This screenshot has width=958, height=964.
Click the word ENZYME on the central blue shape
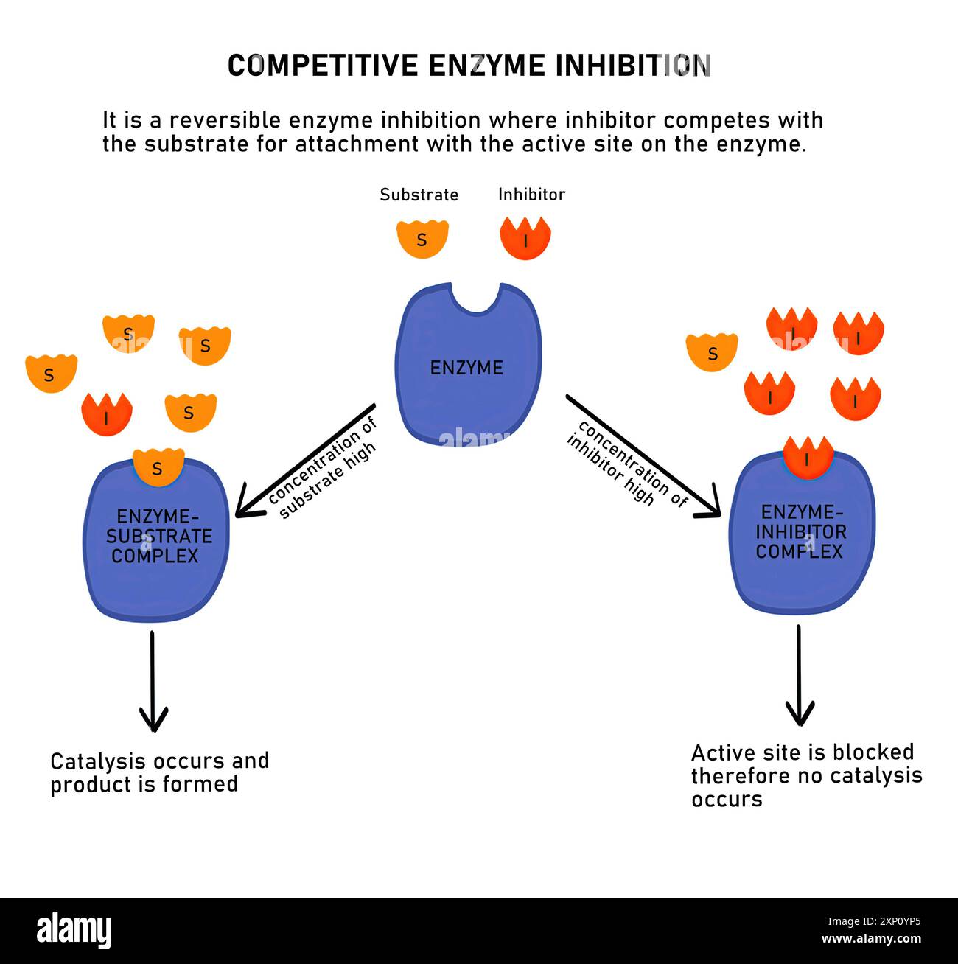pos(466,367)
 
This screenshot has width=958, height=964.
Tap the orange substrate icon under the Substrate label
pos(422,239)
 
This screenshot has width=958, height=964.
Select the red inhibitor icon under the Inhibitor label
pos(525,239)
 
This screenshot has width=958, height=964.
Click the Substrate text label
pos(419,195)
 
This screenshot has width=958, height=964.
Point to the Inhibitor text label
pos(531,195)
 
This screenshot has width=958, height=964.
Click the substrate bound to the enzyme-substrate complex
pos(158,467)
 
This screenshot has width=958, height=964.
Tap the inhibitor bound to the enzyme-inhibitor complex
pos(808,458)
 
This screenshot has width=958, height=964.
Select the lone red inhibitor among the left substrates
pos(106,414)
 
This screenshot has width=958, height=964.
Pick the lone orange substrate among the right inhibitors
pos(711,352)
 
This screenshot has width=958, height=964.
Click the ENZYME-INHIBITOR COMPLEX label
pos(800,531)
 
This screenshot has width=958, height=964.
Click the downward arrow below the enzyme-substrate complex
pos(153,678)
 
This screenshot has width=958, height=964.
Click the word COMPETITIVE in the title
pos(322,66)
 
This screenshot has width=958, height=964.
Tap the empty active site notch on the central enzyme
pos(477,298)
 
